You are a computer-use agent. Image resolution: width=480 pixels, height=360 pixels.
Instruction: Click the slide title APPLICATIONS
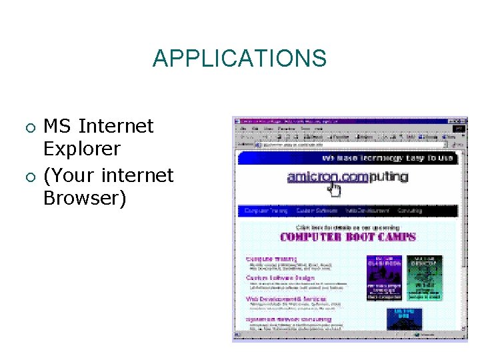(239, 59)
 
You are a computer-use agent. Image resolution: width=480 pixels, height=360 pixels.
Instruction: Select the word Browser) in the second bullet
(84, 198)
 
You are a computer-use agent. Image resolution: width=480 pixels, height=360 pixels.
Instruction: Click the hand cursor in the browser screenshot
(333, 191)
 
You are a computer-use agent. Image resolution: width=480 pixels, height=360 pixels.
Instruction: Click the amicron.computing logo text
(347, 177)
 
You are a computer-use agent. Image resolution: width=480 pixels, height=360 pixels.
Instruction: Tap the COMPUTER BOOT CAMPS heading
(347, 237)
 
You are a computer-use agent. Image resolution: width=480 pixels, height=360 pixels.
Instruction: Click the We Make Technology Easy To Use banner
(387, 158)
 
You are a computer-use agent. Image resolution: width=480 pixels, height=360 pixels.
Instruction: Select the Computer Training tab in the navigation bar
(266, 211)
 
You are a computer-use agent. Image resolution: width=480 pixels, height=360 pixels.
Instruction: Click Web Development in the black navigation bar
(367, 211)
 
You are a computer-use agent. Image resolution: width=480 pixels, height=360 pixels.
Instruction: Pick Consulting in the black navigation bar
(410, 211)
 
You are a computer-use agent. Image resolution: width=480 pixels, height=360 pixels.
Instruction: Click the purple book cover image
(384, 277)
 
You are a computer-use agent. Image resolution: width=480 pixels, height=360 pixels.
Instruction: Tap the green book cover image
(425, 277)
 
